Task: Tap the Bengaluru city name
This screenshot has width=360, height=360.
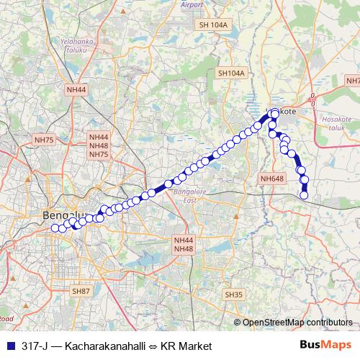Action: (65, 215)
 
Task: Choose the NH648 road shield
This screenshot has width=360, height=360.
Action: (272, 179)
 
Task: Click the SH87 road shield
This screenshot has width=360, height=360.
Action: (81, 291)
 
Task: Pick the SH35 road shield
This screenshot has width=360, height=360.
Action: (234, 294)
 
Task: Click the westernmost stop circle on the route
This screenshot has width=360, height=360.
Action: (54, 228)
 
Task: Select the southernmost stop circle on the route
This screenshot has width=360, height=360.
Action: (304, 195)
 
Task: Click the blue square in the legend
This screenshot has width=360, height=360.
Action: (9, 346)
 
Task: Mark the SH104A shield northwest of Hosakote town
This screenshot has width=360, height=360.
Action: (231, 73)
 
